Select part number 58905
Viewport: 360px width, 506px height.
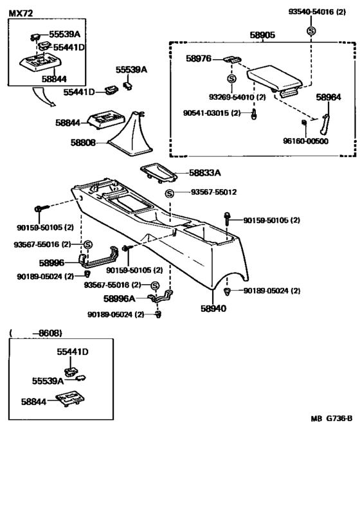point(261,37)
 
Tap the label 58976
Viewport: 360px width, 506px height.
point(199,59)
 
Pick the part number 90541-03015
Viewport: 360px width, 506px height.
point(216,113)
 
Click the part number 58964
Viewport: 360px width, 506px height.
point(328,97)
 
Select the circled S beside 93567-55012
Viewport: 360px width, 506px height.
point(170,193)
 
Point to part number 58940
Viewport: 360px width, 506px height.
point(212,308)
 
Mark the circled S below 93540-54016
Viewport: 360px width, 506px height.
point(311,31)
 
